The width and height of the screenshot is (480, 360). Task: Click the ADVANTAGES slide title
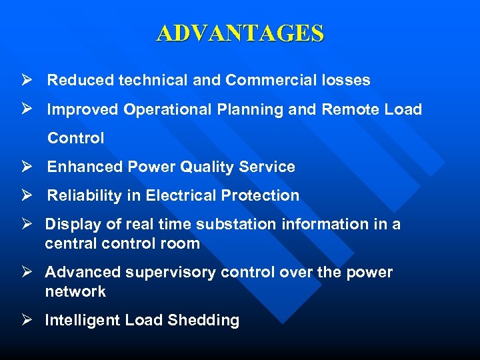(x=240, y=33)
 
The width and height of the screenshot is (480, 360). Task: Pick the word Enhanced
(x=78, y=167)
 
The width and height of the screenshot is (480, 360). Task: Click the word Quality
(x=216, y=167)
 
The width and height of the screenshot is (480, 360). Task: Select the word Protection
(x=265, y=196)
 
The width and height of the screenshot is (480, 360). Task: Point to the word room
(x=180, y=244)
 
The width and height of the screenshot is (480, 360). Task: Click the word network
(x=75, y=292)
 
